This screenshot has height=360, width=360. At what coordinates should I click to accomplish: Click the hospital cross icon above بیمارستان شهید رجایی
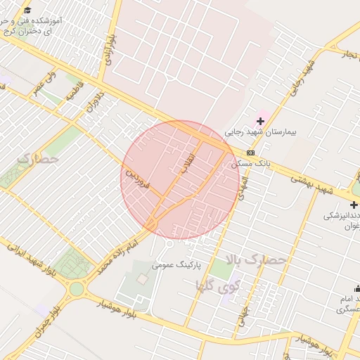(260, 121)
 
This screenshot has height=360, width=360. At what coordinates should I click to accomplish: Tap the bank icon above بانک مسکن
(251, 153)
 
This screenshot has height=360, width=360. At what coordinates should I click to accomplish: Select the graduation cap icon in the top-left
(27, 11)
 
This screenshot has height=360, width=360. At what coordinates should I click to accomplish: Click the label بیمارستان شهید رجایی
(262, 132)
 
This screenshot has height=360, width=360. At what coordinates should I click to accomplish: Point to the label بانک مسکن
(250, 163)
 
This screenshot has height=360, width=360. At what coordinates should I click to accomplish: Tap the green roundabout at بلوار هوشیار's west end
(76, 288)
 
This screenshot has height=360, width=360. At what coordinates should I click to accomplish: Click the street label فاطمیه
(75, 91)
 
